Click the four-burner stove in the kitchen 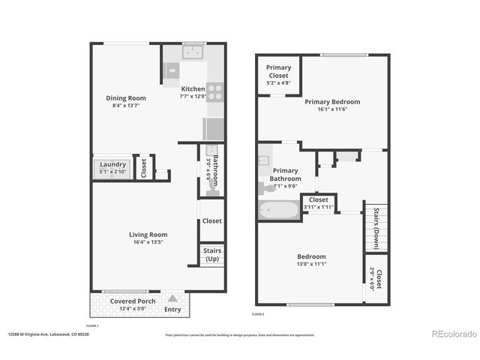pyautogui.click(x=214, y=92)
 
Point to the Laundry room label pyautogui.click(x=112, y=164)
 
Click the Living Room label pyautogui.click(x=147, y=234)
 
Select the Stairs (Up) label pyautogui.click(x=211, y=256)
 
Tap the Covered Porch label pyautogui.click(x=133, y=301)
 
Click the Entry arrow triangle pyautogui.click(x=172, y=298)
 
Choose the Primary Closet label pyautogui.click(x=278, y=71)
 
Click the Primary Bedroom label pyautogui.click(x=331, y=102)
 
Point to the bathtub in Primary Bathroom pyautogui.click(x=279, y=209)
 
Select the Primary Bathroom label pyautogui.click(x=286, y=175)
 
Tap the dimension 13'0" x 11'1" pyautogui.click(x=310, y=265)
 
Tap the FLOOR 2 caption pyautogui.click(x=259, y=313)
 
